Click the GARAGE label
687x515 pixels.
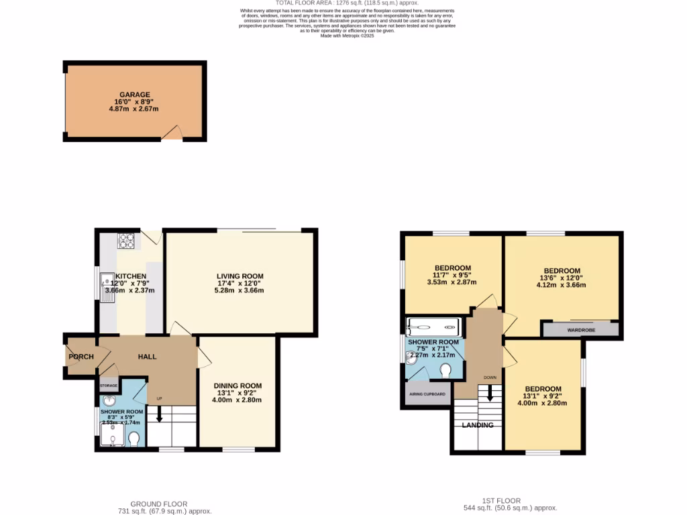tap(135, 95)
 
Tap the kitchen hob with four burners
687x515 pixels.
tap(126, 240)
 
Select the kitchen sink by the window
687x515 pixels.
tap(107, 287)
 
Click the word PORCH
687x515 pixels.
tap(81, 357)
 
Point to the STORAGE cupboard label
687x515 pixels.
tap(109, 386)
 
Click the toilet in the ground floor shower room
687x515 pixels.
tap(134, 439)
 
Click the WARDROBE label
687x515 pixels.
tap(580, 330)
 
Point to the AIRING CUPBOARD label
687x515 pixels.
tap(427, 394)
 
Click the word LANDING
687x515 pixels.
tap(478, 425)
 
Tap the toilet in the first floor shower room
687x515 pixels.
tap(445, 369)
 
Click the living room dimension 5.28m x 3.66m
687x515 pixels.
tap(240, 290)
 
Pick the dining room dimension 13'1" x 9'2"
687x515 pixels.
tap(237, 393)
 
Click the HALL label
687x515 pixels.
tap(147, 357)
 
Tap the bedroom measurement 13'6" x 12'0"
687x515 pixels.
tap(561, 278)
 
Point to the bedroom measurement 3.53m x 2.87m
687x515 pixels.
tap(452, 282)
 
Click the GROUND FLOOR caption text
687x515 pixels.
tap(158, 504)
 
